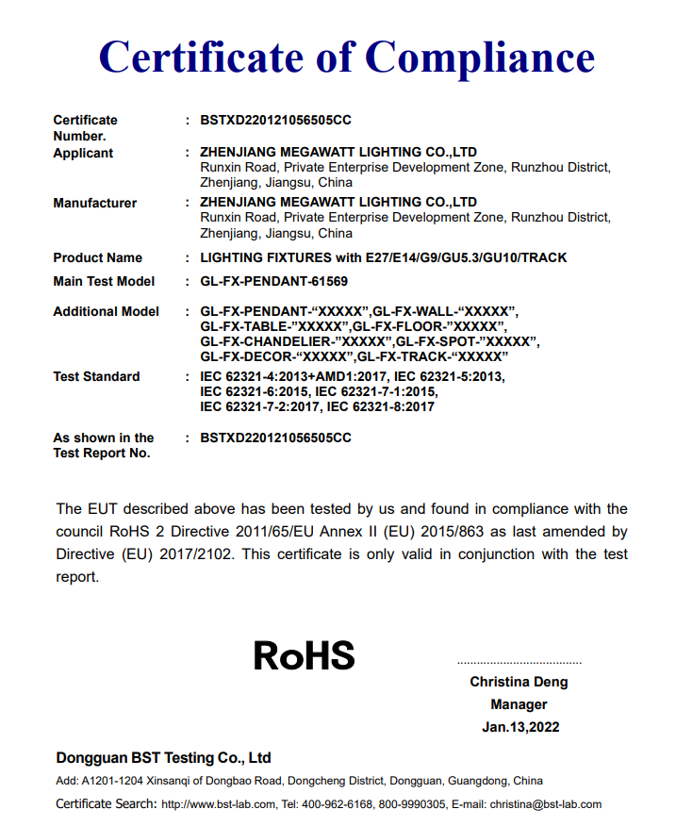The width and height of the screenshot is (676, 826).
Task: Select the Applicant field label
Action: click(x=83, y=153)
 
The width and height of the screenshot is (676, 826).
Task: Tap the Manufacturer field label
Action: click(x=94, y=203)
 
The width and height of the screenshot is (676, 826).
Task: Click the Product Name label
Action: click(x=97, y=257)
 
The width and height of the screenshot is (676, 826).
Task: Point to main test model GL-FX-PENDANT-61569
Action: click(x=274, y=281)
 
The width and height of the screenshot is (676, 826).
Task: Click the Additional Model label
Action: click(x=106, y=311)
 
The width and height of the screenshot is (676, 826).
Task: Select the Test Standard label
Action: click(x=96, y=376)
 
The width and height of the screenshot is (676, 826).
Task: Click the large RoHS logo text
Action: click(x=304, y=655)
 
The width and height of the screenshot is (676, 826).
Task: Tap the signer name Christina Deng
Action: click(x=519, y=682)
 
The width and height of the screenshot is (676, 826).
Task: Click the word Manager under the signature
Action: click(x=519, y=704)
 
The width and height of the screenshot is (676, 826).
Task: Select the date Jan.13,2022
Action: click(x=519, y=727)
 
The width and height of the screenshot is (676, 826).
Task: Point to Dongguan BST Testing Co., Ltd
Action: click(x=163, y=757)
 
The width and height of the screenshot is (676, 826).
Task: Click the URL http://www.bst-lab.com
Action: click(x=218, y=804)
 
